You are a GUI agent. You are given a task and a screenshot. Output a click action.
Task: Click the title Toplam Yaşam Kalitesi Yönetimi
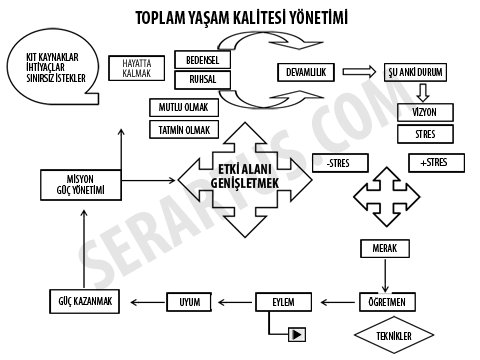tap(241, 18)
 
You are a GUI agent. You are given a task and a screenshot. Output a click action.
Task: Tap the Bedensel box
tap(203, 59)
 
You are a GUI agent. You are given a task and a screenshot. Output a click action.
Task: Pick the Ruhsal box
tap(203, 79)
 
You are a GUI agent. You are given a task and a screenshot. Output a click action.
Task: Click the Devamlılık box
tap(305, 72)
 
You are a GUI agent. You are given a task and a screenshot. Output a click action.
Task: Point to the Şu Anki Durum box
tap(416, 73)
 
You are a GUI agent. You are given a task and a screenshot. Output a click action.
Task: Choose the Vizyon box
tap(424, 111)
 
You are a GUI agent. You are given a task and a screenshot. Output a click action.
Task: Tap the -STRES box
tap(337, 162)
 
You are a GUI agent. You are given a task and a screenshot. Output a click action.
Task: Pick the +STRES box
tap(434, 162)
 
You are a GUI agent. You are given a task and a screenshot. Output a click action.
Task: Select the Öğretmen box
tap(385, 301)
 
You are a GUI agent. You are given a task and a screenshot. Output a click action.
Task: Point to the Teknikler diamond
tap(397, 336)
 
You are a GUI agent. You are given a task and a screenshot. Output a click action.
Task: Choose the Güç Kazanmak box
tap(85, 301)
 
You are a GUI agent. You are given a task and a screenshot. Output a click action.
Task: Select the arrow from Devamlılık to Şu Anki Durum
tap(358, 72)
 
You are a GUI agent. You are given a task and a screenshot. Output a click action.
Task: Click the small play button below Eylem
tap(297, 334)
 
